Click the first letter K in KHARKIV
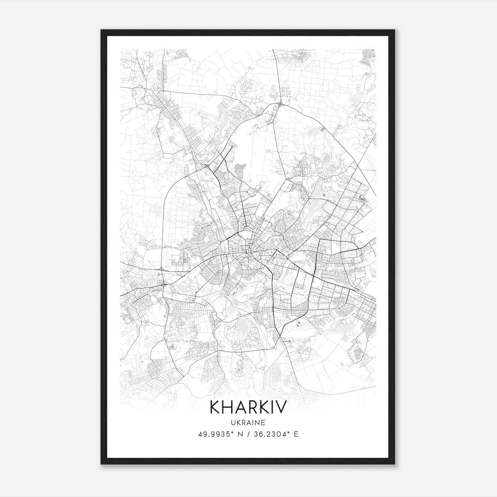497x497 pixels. tap(216, 407)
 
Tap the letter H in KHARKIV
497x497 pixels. tap(229, 407)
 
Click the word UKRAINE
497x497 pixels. tap(248, 422)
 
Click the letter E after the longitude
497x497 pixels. tap(296, 434)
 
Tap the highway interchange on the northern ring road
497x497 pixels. tap(280, 103)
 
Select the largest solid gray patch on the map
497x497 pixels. tap(240, 327)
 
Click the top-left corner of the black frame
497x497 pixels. tap(101, 30)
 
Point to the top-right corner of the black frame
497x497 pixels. tap(394, 30)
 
